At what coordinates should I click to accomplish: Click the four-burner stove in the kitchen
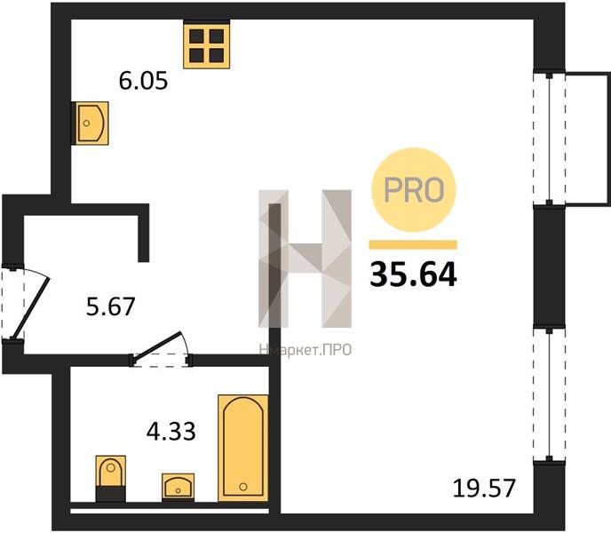[x=207, y=45]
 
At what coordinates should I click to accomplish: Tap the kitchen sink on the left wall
[x=91, y=123]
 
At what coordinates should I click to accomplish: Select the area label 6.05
[x=143, y=81]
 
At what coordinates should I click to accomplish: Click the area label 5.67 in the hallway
[x=111, y=306]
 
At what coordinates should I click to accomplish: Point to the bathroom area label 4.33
[x=171, y=432]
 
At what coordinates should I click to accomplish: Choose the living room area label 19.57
[x=484, y=488]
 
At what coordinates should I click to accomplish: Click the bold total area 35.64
[x=413, y=274]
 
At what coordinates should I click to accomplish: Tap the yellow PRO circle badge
[x=414, y=190]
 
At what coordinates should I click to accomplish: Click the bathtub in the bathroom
[x=243, y=448]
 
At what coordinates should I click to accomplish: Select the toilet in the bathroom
[x=111, y=479]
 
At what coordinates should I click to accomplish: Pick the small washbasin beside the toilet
[x=179, y=488]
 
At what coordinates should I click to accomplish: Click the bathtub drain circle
[x=243, y=486]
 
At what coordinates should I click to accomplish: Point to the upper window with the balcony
[x=549, y=139]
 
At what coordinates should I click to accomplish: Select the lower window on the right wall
[x=549, y=394]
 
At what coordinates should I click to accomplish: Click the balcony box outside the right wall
[x=586, y=139]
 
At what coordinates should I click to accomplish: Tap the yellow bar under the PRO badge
[x=413, y=245]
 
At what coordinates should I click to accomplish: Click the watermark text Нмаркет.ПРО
[x=305, y=350]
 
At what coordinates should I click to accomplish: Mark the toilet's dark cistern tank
[x=111, y=494]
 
